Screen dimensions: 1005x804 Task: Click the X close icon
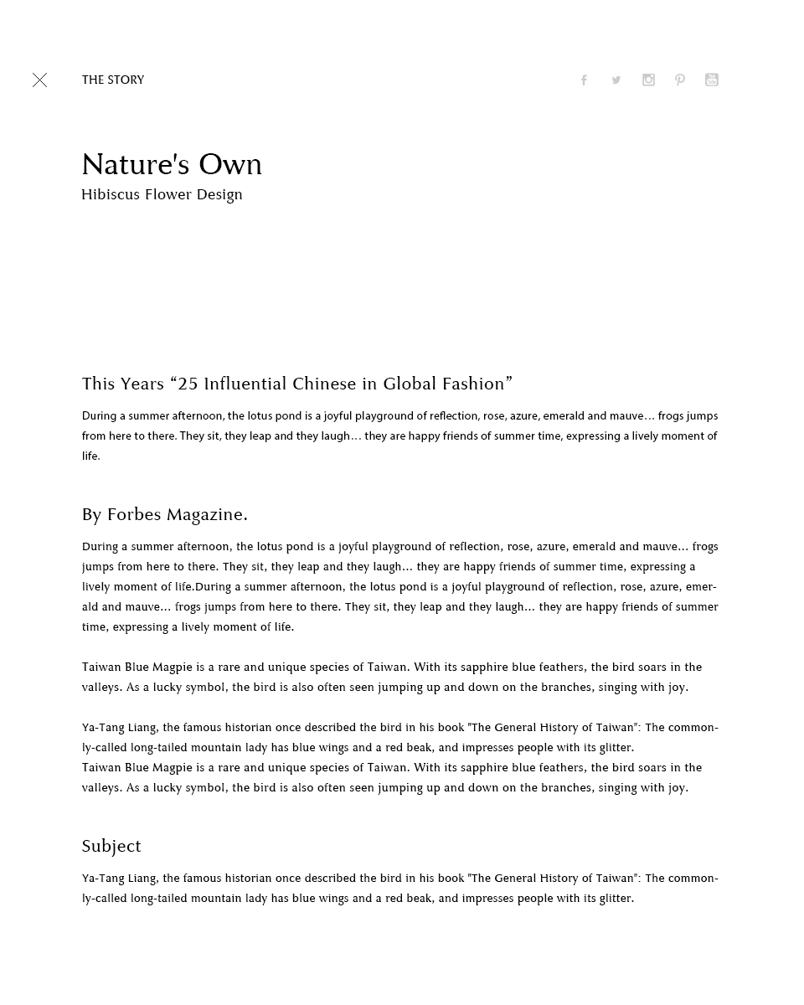39,80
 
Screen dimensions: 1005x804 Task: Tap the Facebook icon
584,80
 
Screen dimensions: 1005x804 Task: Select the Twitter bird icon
616,80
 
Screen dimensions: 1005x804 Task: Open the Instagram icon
648,80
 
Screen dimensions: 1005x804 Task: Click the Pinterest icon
680,80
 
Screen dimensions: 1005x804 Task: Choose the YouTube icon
712,80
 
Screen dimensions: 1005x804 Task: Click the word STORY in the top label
126,80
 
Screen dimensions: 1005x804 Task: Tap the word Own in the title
230,164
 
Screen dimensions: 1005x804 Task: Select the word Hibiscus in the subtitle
110,194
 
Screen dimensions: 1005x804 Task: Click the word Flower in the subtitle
168,194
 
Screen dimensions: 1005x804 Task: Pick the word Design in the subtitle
219,194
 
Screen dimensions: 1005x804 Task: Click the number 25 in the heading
188,384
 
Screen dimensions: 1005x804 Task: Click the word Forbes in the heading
134,514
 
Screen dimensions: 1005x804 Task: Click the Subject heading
111,846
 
